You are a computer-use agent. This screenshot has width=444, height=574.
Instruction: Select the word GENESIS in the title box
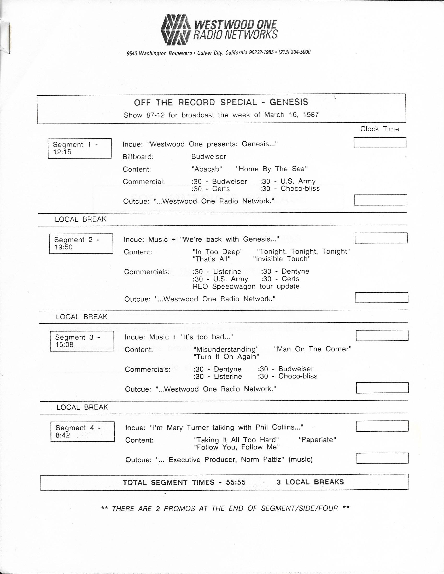tap(289, 102)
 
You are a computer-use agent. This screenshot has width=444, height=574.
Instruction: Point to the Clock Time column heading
tap(379, 129)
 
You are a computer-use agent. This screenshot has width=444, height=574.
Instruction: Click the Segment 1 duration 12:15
tap(62, 152)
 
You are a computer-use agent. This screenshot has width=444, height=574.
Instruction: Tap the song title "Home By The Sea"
tap(272, 169)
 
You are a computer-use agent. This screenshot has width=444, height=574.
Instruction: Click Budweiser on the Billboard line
tap(208, 157)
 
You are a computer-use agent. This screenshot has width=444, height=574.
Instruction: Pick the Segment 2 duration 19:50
tap(63, 247)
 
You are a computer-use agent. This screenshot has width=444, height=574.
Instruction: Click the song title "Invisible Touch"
tap(282, 259)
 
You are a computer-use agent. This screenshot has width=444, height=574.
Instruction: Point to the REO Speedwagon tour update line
tap(246, 286)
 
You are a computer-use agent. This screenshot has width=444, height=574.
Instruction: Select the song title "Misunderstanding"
tap(226, 349)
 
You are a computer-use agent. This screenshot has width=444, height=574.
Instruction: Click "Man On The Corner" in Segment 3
tap(313, 349)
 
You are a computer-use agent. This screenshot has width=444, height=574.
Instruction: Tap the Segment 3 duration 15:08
tap(64, 344)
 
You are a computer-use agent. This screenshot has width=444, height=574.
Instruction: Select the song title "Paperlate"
tap(318, 440)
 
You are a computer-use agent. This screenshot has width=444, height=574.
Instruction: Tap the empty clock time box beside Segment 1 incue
tap(380, 143)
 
